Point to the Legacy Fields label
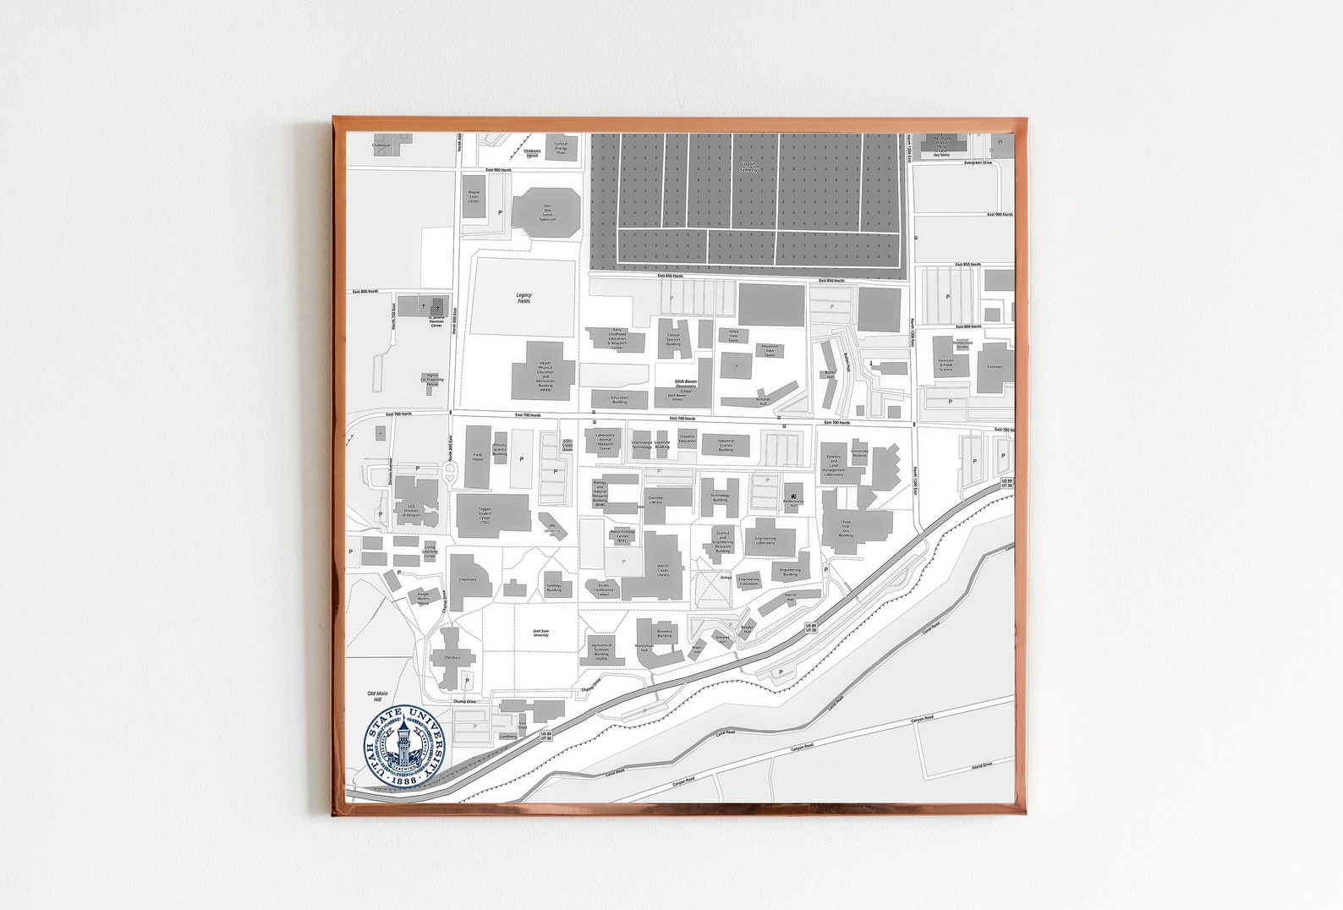pos(523,298)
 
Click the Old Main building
pos(452,657)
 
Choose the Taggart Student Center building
pos(492,516)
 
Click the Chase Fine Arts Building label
pos(846,530)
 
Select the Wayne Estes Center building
pos(474,198)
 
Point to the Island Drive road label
pos(982,765)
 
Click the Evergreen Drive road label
pos(978,162)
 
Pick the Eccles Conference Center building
pos(603,589)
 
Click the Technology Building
pos(720,497)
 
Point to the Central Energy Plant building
pos(561,146)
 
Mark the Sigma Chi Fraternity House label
pos(432,379)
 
